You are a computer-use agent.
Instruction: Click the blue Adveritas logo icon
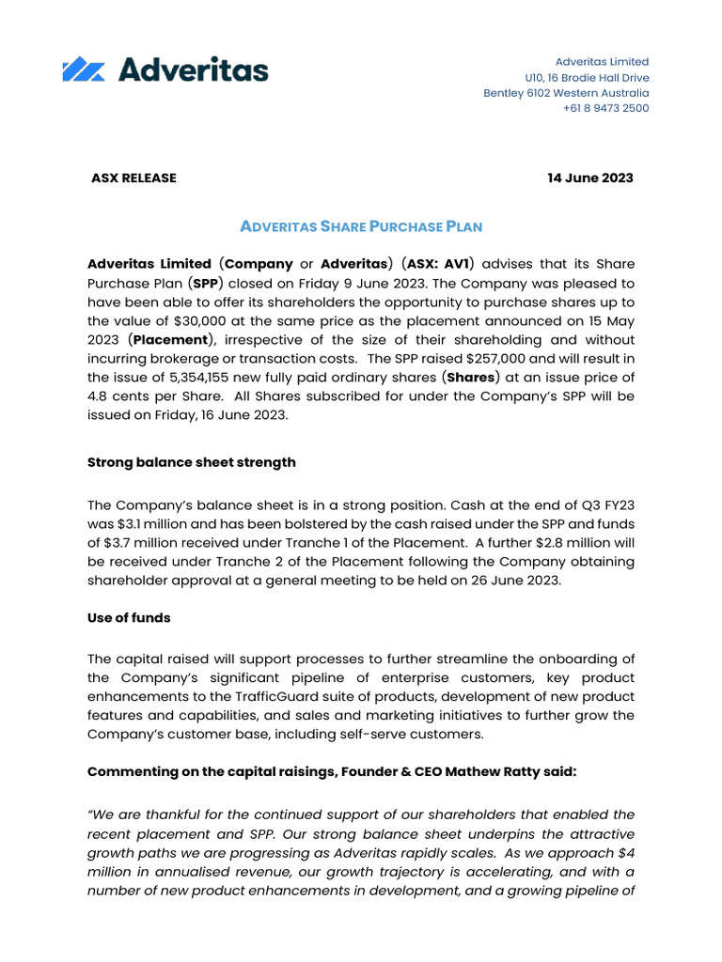[x=83, y=70]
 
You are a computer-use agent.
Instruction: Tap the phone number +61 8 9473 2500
[x=605, y=108]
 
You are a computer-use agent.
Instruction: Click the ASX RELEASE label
[x=133, y=178]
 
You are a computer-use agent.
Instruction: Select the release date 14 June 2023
[x=590, y=178]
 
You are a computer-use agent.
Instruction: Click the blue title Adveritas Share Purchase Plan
[x=361, y=226]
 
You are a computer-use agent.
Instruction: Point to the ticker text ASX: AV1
[x=440, y=264]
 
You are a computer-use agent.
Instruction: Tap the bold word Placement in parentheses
[x=171, y=339]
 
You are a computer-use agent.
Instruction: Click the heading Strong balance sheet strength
[x=191, y=462]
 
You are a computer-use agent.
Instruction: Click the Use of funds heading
[x=129, y=618]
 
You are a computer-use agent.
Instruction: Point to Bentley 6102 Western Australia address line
[x=566, y=93]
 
